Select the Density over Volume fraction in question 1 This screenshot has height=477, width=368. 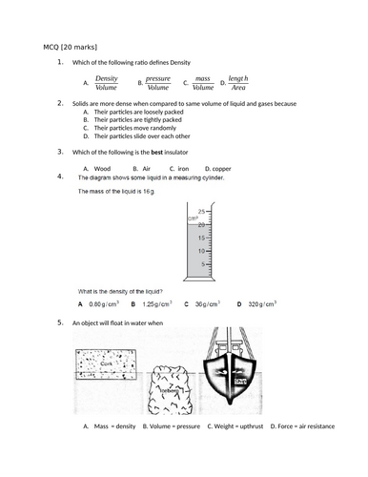point(108,83)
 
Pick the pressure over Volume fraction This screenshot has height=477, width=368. point(158,83)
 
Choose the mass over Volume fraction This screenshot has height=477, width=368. point(203,83)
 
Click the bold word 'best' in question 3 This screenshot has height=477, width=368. point(145,152)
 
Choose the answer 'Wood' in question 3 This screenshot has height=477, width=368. point(102,168)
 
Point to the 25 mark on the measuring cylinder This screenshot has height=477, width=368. point(200,211)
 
